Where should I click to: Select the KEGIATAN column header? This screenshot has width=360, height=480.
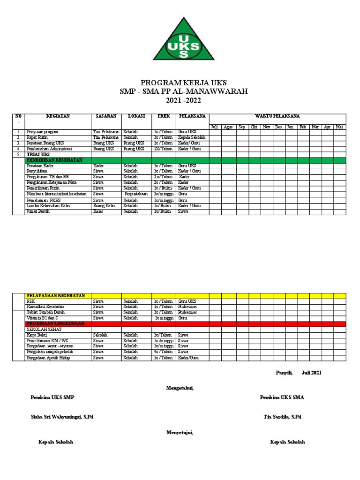pyautogui.click(x=58, y=116)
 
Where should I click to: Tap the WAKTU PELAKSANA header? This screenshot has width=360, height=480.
pyautogui.click(x=277, y=116)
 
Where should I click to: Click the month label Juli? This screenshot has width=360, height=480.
pyautogui.click(x=215, y=127)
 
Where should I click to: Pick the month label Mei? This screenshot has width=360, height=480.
pyautogui.click(x=340, y=127)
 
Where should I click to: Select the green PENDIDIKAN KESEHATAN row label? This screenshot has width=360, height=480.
pyautogui.click(x=54, y=160)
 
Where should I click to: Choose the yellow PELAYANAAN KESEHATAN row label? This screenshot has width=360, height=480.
pyautogui.click(x=56, y=295)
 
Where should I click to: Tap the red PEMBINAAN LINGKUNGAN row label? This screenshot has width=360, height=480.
pyautogui.click(x=55, y=323)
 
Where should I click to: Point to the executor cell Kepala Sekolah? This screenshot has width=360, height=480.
pyautogui.click(x=192, y=137)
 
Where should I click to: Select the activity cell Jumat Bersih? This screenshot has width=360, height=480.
pyautogui.click(x=38, y=211)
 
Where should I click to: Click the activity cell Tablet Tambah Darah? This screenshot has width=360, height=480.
pyautogui.click(x=46, y=312)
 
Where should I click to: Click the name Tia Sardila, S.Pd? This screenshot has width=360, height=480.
pyautogui.click(x=283, y=417)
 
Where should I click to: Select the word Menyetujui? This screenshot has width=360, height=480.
pyautogui.click(x=180, y=433)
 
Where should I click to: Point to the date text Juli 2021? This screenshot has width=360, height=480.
pyautogui.click(x=312, y=373)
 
